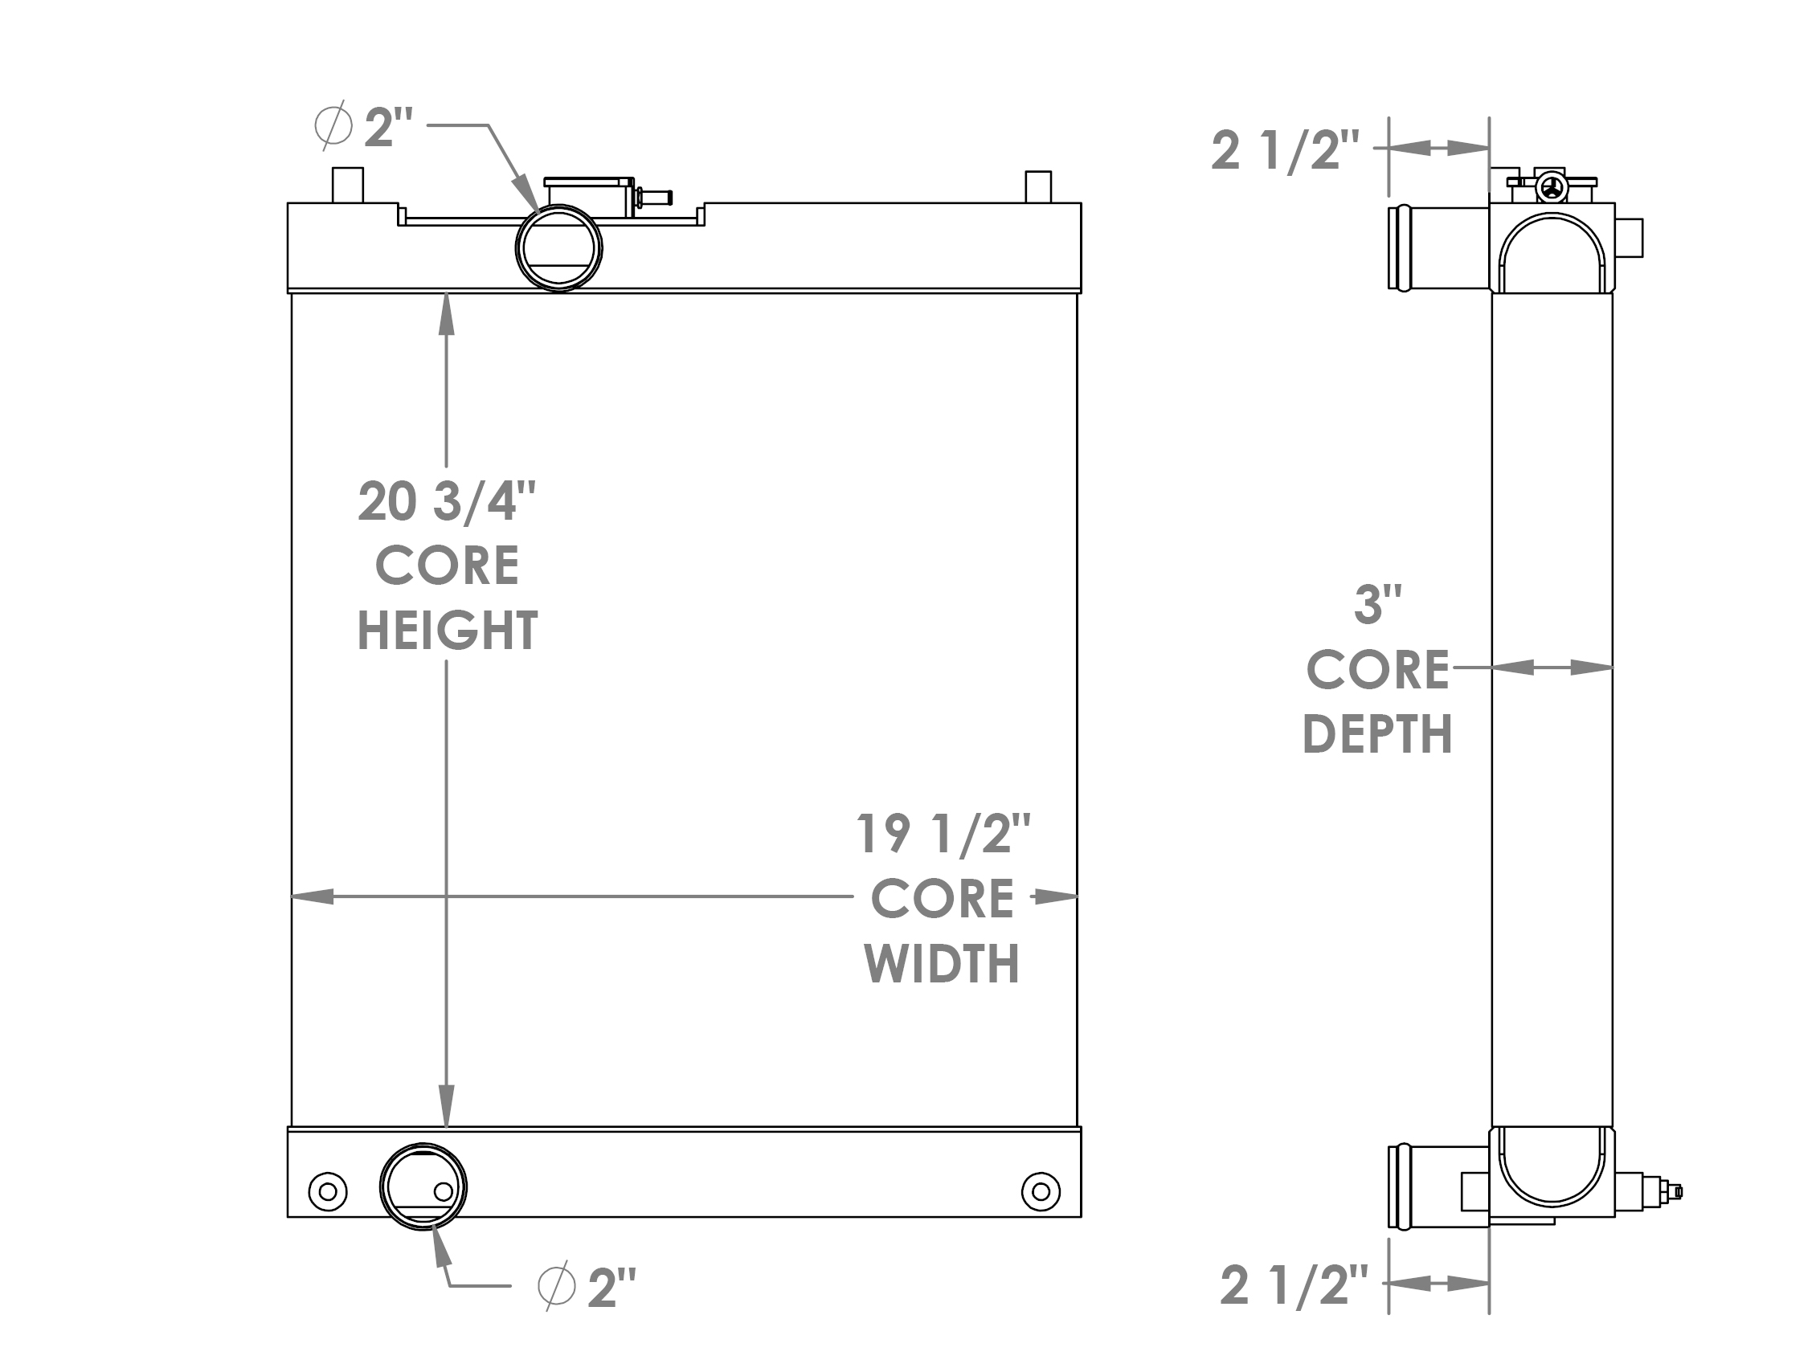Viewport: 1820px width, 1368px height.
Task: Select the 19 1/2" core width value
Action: (x=943, y=833)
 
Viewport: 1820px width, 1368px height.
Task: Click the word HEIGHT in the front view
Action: (x=447, y=631)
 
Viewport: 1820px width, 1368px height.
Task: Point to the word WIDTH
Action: (x=942, y=963)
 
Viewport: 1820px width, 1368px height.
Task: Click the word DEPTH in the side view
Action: (x=1377, y=733)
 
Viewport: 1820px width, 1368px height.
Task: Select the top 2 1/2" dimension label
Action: (x=1285, y=151)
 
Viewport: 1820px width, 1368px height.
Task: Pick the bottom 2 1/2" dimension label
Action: (x=1294, y=1286)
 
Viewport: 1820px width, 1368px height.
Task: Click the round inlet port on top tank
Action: (x=558, y=247)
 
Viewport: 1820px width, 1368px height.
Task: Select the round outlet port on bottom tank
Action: (x=423, y=1186)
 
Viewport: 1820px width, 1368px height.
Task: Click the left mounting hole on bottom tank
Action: (x=328, y=1191)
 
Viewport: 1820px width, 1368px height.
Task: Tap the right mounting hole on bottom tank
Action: (x=1040, y=1191)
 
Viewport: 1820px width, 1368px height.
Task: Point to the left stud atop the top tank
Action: (x=347, y=185)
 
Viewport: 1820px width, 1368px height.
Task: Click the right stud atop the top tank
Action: (x=1037, y=186)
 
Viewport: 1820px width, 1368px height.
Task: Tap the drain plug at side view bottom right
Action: (x=1667, y=1191)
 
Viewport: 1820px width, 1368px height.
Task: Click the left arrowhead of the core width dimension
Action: (x=313, y=896)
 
